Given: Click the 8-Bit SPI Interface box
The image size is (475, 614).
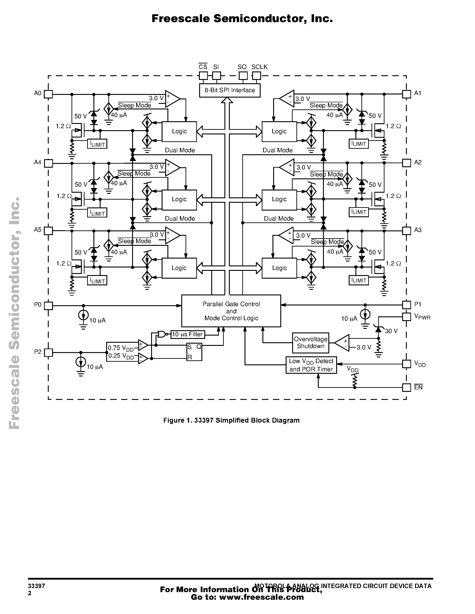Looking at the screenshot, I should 230,90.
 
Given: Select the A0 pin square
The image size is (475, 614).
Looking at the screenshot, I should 49,94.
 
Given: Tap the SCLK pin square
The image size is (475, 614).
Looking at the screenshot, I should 256,76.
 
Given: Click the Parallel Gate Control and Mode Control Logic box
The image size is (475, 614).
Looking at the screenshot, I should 231,311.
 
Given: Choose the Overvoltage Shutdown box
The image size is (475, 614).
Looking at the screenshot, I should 310,343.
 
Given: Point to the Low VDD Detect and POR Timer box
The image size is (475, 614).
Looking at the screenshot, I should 311,365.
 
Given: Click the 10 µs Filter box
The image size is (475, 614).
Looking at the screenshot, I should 188,334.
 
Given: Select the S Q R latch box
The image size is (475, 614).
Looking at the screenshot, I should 194,352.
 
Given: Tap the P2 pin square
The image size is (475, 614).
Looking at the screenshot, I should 49,353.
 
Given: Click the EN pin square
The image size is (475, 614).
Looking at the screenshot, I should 406,387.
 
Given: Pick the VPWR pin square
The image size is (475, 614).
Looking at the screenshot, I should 406,317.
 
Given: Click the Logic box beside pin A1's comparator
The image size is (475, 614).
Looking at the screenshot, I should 279,131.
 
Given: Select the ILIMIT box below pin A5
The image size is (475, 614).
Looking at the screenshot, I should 97,281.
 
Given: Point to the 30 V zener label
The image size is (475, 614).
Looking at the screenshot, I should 391,331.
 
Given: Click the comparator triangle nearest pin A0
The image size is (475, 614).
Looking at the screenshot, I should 172,99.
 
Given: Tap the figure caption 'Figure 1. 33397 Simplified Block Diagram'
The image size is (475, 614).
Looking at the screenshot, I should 231,420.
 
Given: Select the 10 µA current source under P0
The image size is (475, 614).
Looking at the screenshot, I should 83,315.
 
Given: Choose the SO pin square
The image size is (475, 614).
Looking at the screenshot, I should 243,76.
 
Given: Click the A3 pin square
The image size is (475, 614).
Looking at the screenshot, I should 406,231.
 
